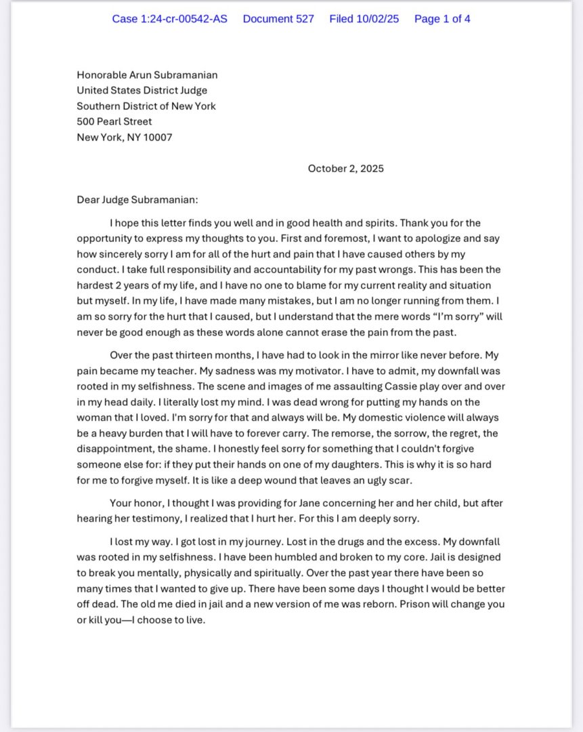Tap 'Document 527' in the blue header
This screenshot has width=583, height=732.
(278, 19)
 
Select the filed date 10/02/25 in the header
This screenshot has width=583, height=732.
(364, 19)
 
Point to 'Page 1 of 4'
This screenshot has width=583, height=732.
(442, 19)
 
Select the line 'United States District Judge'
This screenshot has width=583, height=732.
(142, 91)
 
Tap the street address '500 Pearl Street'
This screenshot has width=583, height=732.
(114, 122)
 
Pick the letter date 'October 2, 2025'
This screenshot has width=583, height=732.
(345, 169)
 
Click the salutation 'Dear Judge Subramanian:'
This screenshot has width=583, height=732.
(137, 200)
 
